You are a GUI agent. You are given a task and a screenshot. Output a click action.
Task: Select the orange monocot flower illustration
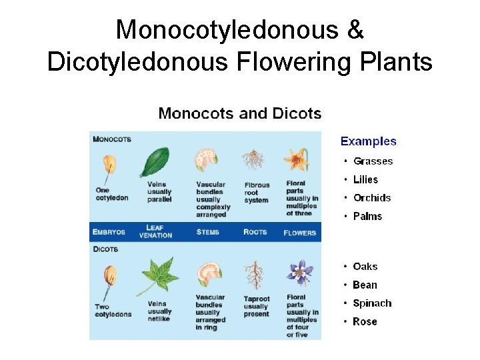point(296,160)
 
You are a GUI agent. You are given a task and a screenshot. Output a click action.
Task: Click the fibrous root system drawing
point(253,160)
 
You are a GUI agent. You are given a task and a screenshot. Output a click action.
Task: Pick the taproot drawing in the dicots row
point(254,275)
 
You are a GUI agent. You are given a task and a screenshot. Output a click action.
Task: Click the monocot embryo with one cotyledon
point(109,165)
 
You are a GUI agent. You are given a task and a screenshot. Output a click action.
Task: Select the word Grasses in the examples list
point(373,161)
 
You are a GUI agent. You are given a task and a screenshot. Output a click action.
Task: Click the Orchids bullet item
point(372,198)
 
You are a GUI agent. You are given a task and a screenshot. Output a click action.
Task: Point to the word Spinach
point(372,303)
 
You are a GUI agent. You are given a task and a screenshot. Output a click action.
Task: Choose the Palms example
point(367,217)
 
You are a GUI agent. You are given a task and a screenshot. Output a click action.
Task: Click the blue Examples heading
point(368,141)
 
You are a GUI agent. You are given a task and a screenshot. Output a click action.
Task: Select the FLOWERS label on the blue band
point(299,233)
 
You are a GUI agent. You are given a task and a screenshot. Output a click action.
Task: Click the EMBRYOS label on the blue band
point(109,232)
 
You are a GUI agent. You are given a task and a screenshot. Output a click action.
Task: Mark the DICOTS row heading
point(105,249)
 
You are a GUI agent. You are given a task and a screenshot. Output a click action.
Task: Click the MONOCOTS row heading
point(112,139)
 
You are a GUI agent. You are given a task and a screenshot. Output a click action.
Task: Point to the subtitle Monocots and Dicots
point(239,113)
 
